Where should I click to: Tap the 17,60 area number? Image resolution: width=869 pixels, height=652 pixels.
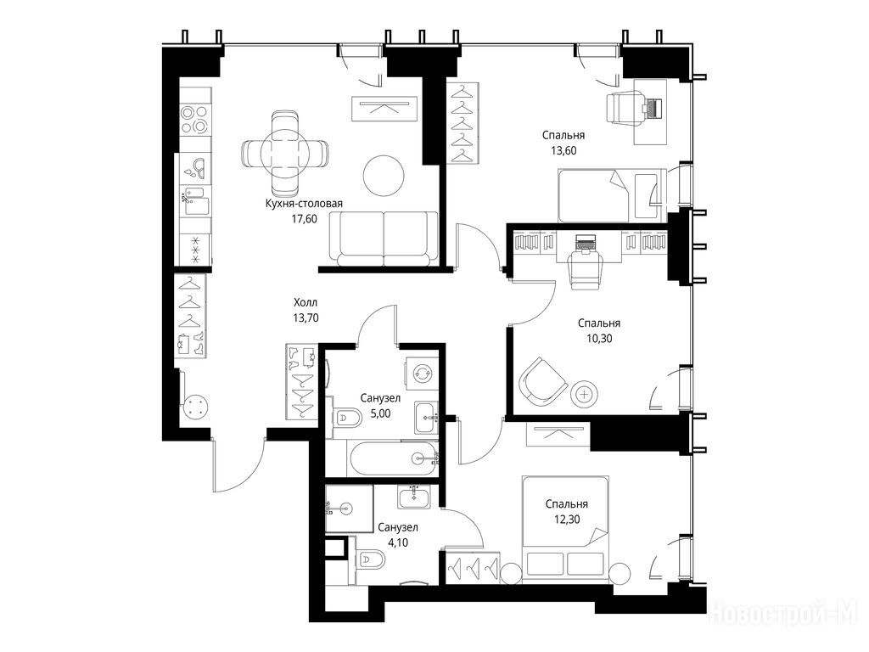(x=305, y=219)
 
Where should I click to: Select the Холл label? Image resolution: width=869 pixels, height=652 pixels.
(x=306, y=303)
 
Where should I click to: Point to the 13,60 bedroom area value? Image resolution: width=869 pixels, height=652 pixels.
(x=563, y=150)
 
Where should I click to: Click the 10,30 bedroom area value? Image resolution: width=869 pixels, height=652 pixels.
(x=599, y=338)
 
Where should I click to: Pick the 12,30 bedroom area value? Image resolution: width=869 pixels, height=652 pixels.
(x=566, y=520)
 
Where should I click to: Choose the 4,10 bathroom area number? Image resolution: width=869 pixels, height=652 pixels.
(x=398, y=542)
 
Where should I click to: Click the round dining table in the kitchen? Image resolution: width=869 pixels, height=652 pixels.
(x=284, y=152)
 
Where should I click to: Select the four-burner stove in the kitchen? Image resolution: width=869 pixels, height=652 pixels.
(x=194, y=120)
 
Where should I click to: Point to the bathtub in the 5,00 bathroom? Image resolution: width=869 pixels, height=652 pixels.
(x=393, y=458)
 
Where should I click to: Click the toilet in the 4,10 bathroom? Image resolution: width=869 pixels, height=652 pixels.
(x=369, y=560)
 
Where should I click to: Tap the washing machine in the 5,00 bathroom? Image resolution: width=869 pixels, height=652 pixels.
(x=423, y=374)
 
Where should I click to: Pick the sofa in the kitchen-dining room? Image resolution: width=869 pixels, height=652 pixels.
(x=384, y=239)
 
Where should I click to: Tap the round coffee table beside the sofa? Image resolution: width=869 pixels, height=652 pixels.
(x=384, y=175)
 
